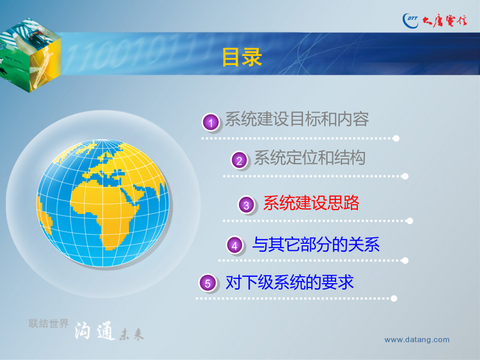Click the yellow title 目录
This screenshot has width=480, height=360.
[242, 57]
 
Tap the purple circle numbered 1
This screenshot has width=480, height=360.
[211, 123]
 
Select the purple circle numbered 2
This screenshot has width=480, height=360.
[239, 161]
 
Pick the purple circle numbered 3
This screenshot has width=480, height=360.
[246, 205]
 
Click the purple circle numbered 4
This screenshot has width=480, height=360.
[235, 245]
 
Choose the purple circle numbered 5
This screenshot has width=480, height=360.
[207, 283]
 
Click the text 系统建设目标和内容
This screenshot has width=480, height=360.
[297, 119]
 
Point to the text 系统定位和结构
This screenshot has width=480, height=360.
[310, 158]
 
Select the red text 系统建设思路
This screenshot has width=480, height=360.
[311, 203]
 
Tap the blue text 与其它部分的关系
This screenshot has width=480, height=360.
[316, 244]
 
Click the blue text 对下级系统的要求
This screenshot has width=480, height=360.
[290, 282]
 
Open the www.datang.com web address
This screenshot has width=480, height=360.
[417, 340]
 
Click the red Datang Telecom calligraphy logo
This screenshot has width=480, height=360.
[444, 21]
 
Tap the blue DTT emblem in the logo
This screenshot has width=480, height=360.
[411, 21]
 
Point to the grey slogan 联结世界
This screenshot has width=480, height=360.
[49, 323]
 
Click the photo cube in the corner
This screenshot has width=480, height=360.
[30, 55]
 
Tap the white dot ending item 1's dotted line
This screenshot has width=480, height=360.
[396, 138]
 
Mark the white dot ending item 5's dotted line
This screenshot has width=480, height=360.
[394, 299]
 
